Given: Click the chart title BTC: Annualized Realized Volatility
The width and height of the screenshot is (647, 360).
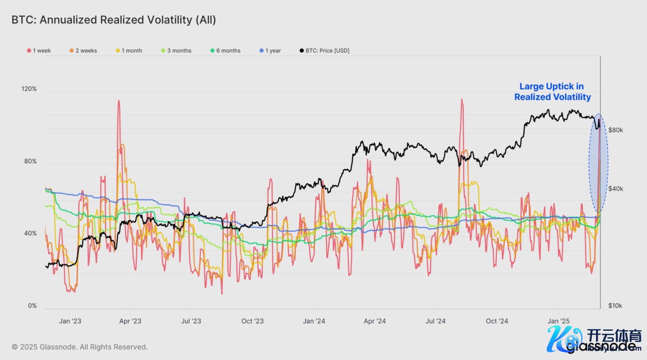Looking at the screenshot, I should coord(113,20).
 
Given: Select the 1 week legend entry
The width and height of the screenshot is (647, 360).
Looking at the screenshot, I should coord(39,51).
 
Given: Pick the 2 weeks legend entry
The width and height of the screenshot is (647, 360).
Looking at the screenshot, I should coord(83,51).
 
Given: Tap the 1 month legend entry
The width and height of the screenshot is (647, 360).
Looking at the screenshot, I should coord(129,51).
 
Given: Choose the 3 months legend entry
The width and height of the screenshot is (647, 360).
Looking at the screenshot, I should coord(176,51).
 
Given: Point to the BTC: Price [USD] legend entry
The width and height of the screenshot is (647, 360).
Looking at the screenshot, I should coord(324,51).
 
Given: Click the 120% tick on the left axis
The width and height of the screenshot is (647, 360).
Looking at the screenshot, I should coord(29,89).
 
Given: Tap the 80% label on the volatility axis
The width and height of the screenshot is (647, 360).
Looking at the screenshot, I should coord(30,161).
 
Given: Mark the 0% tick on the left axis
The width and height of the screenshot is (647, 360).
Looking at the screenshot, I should coord(32,306).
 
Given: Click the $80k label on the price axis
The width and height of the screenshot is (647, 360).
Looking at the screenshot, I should coord(615,130).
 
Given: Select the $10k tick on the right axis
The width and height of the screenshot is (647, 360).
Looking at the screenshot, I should coord(615,306).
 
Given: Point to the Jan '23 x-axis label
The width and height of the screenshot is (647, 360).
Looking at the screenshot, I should coord(70,321).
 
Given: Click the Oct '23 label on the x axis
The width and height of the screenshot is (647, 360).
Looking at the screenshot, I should coord(253,321).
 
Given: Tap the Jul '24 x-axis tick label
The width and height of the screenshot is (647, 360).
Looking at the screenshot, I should coord(436,321).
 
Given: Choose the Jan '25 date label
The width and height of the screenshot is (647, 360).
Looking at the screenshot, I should coord(558,321).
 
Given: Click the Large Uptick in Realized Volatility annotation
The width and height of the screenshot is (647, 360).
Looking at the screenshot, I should coord(552,92).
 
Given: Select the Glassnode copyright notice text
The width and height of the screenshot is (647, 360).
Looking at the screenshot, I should coord(80,347).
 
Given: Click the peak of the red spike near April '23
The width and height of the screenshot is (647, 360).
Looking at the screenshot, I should coord(119,101).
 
